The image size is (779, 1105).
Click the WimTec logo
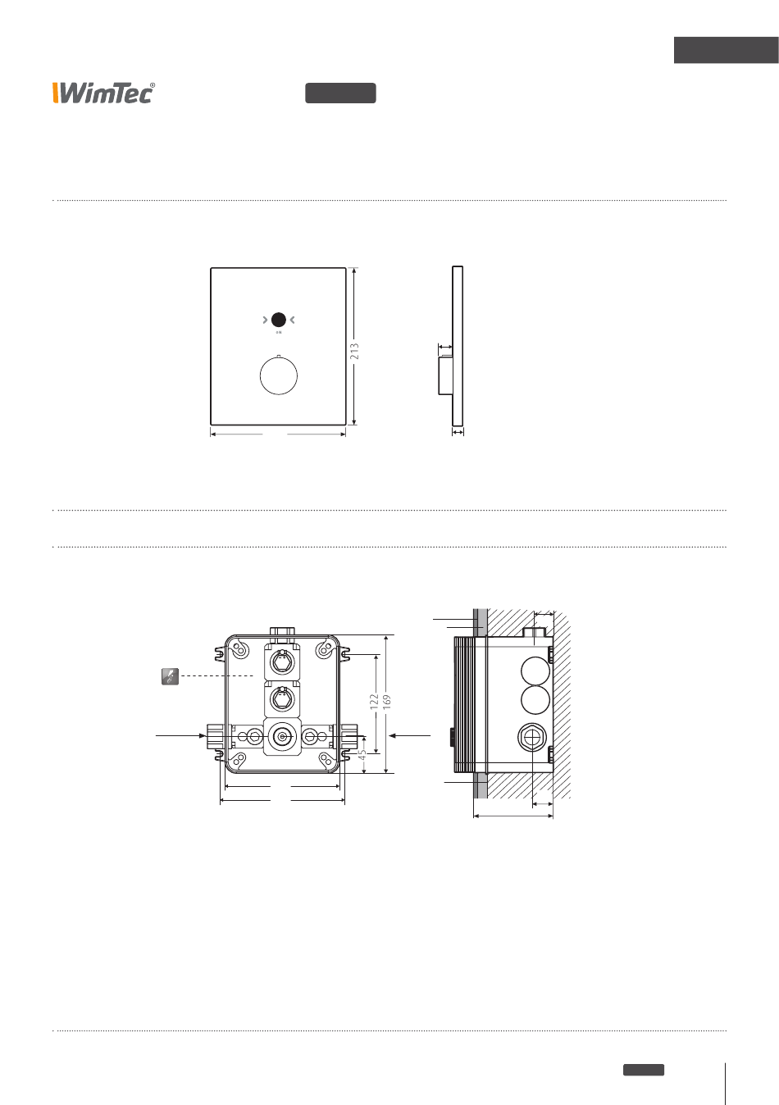(103, 93)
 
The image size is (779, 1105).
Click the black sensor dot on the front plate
(279, 320)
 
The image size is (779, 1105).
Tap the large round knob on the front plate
(279, 375)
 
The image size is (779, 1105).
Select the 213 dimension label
(354, 351)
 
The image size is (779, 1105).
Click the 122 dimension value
(374, 701)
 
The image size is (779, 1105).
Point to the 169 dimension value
(387, 702)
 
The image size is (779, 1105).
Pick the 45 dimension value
(362, 755)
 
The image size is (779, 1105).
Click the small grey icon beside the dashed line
(171, 676)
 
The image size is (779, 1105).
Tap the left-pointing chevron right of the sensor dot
(293, 320)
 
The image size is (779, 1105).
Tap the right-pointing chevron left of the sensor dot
(265, 320)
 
